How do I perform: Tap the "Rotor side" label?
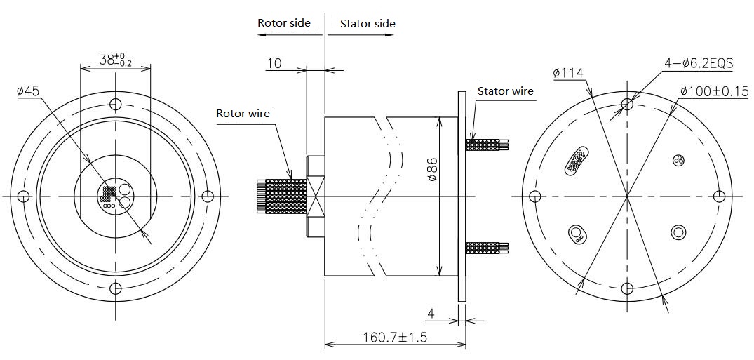coord(283,22)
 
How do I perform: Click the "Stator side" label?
coord(368,23)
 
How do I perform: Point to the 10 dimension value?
coord(274,64)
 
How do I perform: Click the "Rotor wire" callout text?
coord(243,113)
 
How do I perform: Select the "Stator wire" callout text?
coord(505,91)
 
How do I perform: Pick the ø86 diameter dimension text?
coord(432,171)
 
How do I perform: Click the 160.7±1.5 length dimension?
coord(396,337)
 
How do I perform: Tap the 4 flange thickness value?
coord(431,313)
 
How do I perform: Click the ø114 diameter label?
coord(568,72)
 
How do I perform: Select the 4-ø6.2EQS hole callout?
coord(699,63)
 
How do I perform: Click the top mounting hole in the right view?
coord(628,105)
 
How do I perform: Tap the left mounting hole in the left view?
coord(23,196)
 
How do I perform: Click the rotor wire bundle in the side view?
coord(281,196)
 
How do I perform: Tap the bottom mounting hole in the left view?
coord(116,288)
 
